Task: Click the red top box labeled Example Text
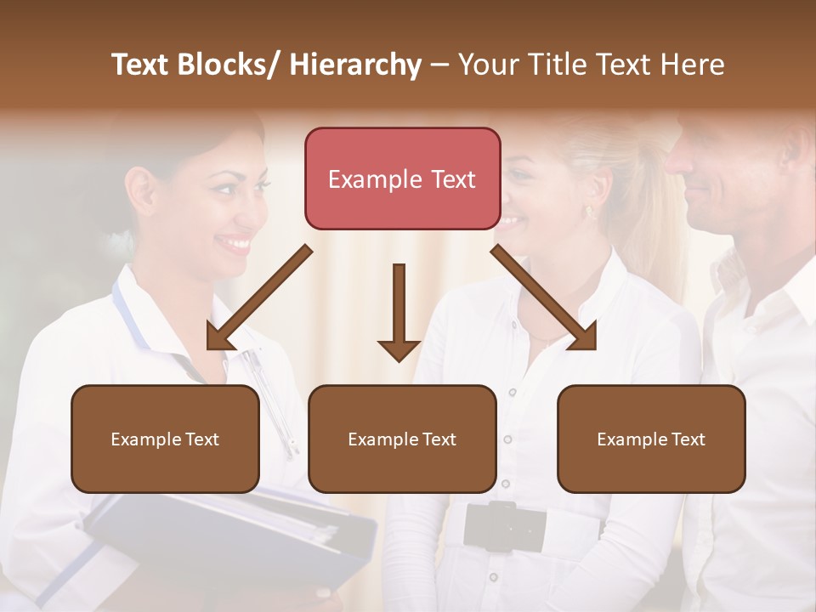coord(402,178)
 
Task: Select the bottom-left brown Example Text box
coord(165,439)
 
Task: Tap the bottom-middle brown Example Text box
coord(402,439)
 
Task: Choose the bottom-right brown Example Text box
coord(651,439)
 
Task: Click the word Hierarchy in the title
coord(355,65)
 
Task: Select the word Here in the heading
coord(693,65)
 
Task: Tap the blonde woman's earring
coord(588,210)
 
